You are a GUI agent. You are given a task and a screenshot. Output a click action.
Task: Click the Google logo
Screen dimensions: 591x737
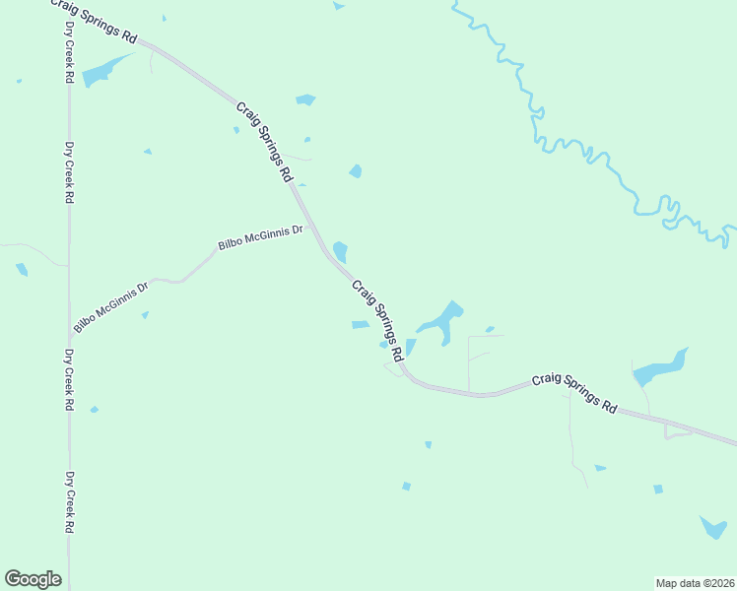(33, 579)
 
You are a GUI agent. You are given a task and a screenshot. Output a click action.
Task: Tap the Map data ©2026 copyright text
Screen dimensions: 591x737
(695, 582)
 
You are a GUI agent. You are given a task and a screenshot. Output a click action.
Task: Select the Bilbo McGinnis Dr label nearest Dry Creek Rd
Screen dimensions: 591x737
(110, 306)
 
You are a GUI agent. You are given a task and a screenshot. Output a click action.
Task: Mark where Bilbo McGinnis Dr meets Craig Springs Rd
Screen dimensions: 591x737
(311, 228)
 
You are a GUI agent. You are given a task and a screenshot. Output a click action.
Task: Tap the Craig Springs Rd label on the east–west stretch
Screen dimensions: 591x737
(574, 392)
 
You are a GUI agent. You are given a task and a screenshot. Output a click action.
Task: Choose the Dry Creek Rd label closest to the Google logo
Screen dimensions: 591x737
(70, 501)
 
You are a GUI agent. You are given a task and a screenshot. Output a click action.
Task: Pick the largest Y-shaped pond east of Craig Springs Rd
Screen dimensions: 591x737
(441, 320)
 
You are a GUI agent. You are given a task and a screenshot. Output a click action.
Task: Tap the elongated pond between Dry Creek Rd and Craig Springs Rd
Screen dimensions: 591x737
(103, 71)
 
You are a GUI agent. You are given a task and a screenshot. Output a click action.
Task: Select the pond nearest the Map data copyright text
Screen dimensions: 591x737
(713, 528)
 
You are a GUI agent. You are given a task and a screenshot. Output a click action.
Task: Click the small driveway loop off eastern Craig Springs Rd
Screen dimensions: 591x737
(678, 430)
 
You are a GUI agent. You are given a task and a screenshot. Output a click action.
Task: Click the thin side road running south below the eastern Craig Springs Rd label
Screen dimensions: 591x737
(572, 433)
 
